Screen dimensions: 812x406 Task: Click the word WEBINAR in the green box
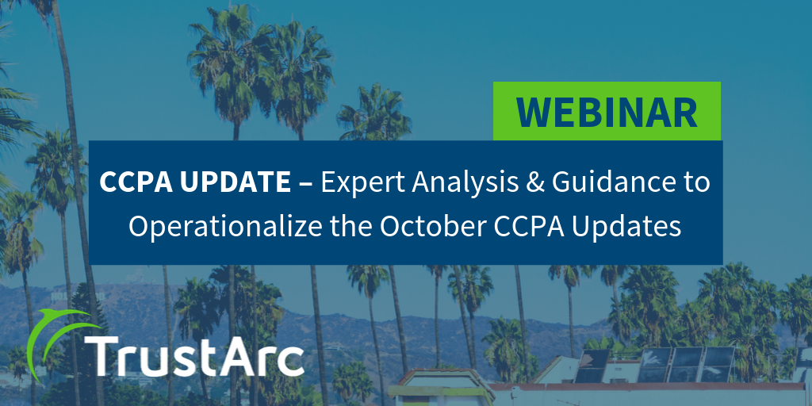[607, 112]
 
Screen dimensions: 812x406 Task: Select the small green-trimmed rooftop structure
[440, 387]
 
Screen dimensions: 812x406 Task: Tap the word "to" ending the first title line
[695, 183]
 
